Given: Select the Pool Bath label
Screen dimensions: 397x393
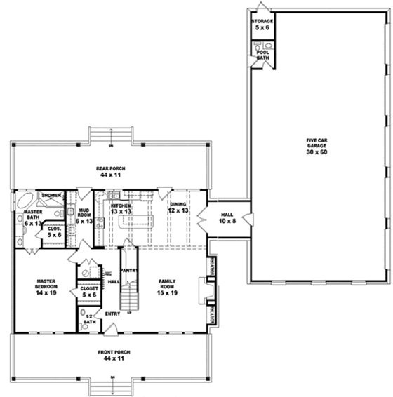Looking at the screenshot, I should click(263, 54).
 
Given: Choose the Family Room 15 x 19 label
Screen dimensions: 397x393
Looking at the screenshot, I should click(167, 286).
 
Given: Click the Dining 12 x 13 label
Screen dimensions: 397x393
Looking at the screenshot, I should click(179, 208).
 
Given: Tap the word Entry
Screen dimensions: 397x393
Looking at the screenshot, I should click(113, 314).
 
